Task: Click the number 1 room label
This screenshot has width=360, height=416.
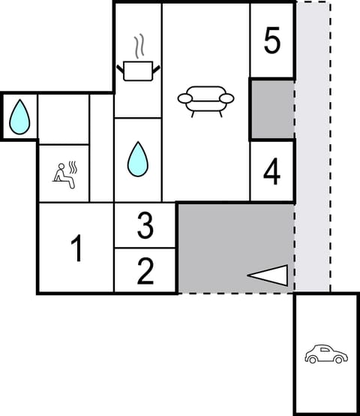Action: pos(76,249)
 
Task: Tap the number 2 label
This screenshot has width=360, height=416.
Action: pos(145,270)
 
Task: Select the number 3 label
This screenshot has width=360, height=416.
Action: pos(145,225)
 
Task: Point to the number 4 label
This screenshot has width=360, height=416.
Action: pos(271,172)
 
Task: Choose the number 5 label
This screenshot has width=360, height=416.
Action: pos(272,41)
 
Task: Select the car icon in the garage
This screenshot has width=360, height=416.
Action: pos(325,354)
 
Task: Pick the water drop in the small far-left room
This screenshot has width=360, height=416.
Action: pos(19,116)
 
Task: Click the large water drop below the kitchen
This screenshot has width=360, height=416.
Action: pos(137,159)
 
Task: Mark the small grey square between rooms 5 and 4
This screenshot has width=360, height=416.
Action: pos(271,109)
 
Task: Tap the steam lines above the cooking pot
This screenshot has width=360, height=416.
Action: pos(137,47)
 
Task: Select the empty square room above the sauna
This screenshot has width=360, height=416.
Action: pos(63,119)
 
